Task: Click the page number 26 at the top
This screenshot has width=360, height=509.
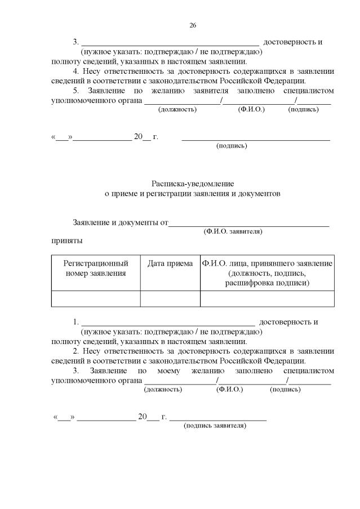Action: (192, 25)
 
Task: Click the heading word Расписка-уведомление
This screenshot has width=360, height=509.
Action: (193, 184)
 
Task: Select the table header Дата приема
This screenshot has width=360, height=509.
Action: (170, 264)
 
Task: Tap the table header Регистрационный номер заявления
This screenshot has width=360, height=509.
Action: (96, 268)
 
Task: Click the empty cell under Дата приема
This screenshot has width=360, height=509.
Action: (170, 298)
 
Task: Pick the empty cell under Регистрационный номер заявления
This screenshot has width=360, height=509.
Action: (96, 298)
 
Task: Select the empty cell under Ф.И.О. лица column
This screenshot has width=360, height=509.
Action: (267, 298)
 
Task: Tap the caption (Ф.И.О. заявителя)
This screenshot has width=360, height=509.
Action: (233, 231)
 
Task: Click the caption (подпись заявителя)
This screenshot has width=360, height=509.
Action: (215, 426)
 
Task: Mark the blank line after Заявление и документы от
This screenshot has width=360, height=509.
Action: (249, 224)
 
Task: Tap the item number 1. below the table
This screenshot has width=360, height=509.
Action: (76, 322)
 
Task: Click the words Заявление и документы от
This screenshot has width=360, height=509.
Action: (121, 222)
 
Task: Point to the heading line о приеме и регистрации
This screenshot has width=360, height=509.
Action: (193, 193)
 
